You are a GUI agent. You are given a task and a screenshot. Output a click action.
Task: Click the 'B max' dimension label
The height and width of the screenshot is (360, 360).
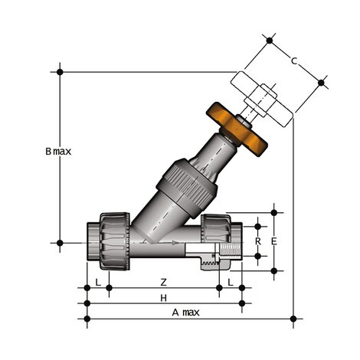(57, 152)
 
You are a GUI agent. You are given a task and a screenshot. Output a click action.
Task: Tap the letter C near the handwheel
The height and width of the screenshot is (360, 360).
(294, 59)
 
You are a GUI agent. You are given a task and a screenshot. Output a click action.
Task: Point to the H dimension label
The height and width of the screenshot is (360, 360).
(162, 296)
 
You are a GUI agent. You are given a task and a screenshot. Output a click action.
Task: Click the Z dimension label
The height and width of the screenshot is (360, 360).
(162, 282)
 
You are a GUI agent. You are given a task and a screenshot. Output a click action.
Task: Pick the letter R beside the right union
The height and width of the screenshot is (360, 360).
(258, 241)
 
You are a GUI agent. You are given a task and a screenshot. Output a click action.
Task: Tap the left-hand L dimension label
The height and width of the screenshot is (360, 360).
(97, 282)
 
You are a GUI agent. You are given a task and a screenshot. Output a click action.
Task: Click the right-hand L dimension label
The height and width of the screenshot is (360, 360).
(231, 282)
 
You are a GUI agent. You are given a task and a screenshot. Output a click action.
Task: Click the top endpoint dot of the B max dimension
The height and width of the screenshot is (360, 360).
(60, 72)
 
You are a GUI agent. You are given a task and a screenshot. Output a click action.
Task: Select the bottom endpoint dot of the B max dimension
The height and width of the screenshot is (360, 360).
(60, 243)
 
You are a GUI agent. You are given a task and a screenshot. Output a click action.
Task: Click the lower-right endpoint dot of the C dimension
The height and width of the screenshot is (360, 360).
(321, 82)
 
